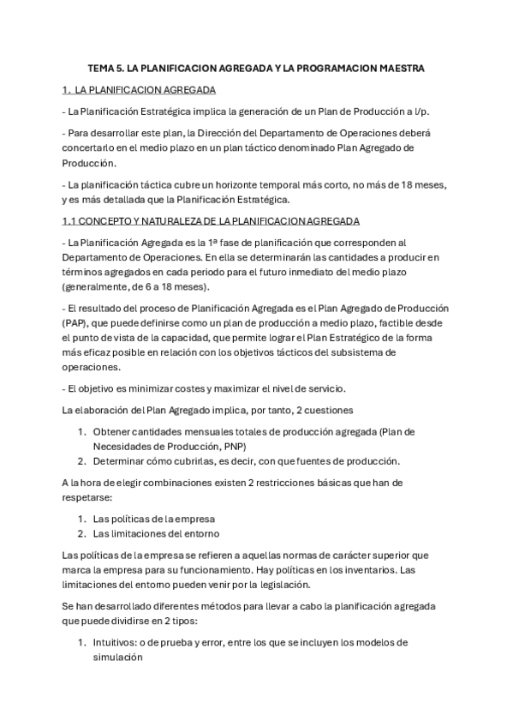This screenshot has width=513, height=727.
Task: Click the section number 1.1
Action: (x=70, y=220)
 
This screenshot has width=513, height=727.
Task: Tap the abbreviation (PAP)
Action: (x=76, y=322)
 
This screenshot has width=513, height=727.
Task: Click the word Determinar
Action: (x=121, y=460)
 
